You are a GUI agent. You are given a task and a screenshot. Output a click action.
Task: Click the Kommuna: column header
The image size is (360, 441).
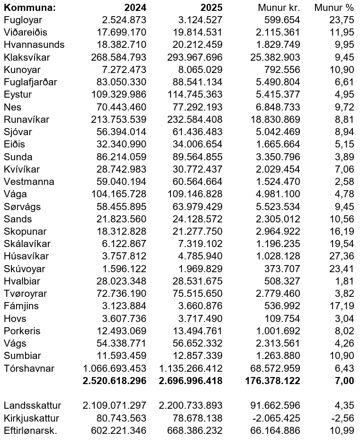tap(29, 8)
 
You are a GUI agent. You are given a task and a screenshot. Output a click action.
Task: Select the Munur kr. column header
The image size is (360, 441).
tap(279, 8)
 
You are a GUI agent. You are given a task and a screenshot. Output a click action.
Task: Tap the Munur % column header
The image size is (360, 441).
tap(334, 8)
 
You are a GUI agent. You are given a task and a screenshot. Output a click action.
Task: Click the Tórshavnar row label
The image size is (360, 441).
tap(29, 368)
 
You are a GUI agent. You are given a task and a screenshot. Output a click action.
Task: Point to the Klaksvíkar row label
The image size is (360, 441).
tap(27, 57)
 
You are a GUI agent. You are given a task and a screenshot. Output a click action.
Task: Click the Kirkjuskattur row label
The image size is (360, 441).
tap(32, 418)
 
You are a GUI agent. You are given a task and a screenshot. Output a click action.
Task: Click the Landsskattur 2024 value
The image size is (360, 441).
tap(115, 405)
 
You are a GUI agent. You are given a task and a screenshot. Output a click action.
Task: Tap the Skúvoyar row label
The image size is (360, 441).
tap(25, 269)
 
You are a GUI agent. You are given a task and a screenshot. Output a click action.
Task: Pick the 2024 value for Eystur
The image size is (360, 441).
tap(119, 94)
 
